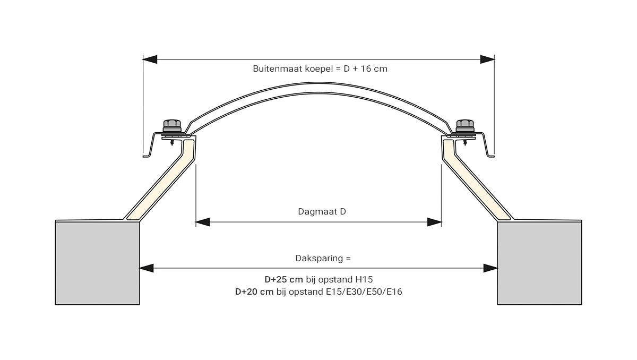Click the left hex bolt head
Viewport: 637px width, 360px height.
(x=172, y=125)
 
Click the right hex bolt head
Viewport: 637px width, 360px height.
(x=465, y=125)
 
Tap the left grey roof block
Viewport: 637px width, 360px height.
(x=97, y=263)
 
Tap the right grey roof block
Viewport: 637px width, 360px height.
(x=539, y=263)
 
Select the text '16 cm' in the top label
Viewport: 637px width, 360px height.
(x=374, y=69)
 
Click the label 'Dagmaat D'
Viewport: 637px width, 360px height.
(x=322, y=211)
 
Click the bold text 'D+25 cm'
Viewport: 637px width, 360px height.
(x=284, y=279)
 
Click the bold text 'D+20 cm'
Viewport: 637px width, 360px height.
(x=254, y=292)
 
